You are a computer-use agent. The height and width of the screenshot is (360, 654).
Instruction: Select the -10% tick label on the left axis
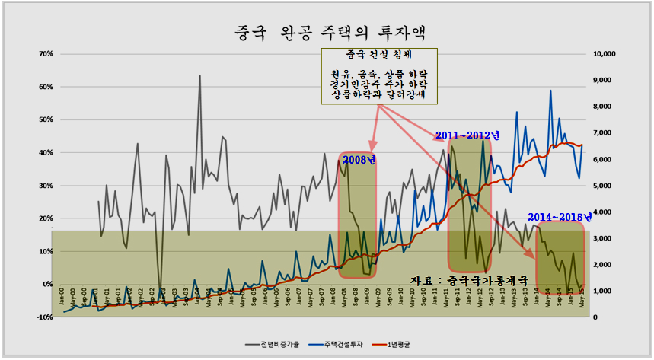[x=44, y=317]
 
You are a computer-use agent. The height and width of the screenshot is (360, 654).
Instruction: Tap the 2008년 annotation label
[x=359, y=160]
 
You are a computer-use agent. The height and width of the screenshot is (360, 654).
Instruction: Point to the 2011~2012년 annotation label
[x=467, y=135]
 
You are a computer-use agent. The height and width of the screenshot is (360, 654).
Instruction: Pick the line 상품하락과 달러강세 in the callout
[x=378, y=92]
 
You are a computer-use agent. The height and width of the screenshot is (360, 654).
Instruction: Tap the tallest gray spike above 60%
[x=199, y=76]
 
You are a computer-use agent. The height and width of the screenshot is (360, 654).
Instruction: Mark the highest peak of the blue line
[x=550, y=91]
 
